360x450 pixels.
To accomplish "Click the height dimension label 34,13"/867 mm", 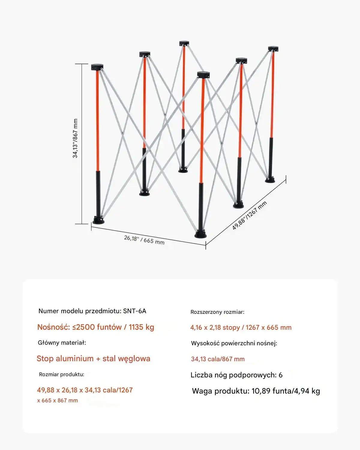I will (75, 139).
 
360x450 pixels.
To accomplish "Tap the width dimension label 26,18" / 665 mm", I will (144, 240).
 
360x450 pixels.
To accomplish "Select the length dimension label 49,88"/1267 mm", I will (249, 215).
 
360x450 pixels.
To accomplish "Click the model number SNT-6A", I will (135, 311).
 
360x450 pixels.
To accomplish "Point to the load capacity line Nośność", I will (95, 327).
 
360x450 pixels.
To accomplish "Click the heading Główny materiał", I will (62, 343).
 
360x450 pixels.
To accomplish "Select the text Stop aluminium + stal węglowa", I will (93, 358).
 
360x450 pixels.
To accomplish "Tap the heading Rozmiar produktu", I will (61, 374).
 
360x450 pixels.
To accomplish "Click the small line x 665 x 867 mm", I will (58, 400).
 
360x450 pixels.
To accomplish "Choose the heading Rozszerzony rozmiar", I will (217, 312).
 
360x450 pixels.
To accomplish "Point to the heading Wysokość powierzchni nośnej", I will (234, 343).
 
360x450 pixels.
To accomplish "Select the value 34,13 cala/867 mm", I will (218, 359).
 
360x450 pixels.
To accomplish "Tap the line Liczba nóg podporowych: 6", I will (236, 375).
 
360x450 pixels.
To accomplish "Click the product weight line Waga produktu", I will (256, 391).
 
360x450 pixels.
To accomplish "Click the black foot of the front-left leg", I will (98, 220).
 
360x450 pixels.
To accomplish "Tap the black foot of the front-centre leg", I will (200, 234).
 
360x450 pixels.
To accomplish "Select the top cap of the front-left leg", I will (97, 67).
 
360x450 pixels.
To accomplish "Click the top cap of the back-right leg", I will (273, 49).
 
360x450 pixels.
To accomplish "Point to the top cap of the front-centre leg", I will (203, 75).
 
